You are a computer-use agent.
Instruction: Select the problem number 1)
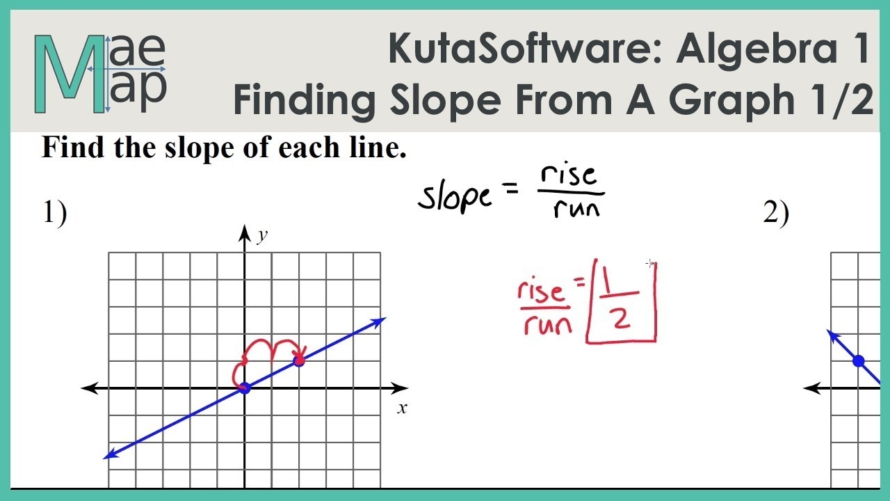pos(55,213)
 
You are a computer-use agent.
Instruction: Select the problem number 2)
pos(776,213)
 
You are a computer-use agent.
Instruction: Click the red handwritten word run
pos(548,324)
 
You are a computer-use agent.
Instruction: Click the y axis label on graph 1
pos(261,237)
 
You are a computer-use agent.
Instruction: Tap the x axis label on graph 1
pos(402,408)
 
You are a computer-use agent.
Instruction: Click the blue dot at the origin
pos(244,388)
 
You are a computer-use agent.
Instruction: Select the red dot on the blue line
pos(299,360)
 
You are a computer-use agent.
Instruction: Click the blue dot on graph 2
pos(858,360)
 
